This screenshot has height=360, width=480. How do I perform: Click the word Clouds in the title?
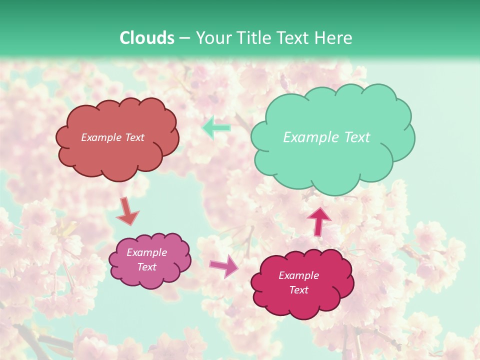(147, 38)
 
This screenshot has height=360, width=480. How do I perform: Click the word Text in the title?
(292, 38)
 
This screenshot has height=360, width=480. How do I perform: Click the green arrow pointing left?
(216, 127)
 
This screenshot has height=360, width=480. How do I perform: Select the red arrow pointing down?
(127, 211)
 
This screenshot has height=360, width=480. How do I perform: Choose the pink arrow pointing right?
(224, 266)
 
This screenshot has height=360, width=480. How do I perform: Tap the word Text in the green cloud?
(357, 137)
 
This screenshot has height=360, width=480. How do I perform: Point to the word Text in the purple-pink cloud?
(147, 267)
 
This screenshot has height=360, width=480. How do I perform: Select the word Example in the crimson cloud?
(298, 275)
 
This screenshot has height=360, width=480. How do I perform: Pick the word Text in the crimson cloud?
(298, 290)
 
